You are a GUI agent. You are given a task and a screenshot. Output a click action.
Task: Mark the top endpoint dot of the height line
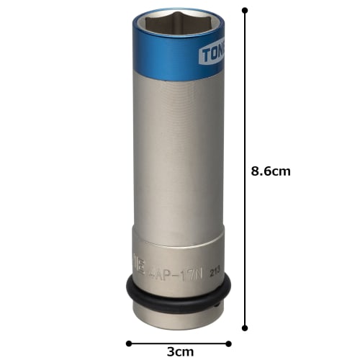click(245, 10)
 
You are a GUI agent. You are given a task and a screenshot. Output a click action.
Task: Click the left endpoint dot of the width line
click(128, 343)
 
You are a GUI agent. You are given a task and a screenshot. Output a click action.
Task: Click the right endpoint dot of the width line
click(230, 343)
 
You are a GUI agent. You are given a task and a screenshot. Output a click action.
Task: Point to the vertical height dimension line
click(245, 108)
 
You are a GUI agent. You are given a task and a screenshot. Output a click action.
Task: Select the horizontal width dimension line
click(179, 343)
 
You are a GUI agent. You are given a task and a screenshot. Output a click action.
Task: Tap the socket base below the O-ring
click(176, 311)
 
